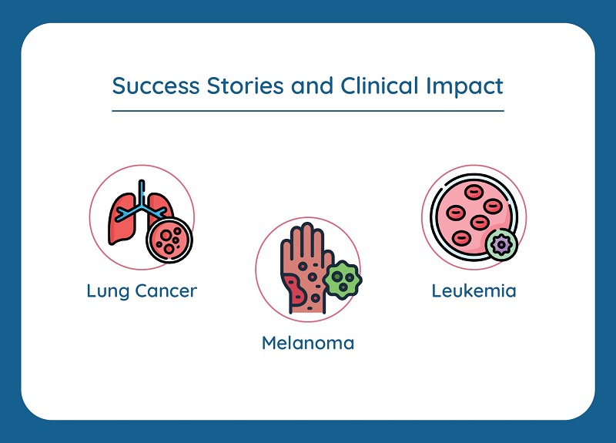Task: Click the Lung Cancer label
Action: coord(142,291)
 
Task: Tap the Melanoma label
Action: coord(308,342)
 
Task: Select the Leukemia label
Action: coord(474,291)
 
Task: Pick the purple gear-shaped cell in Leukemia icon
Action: coord(502,245)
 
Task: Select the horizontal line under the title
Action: coord(308,111)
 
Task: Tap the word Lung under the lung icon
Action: coord(106,291)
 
